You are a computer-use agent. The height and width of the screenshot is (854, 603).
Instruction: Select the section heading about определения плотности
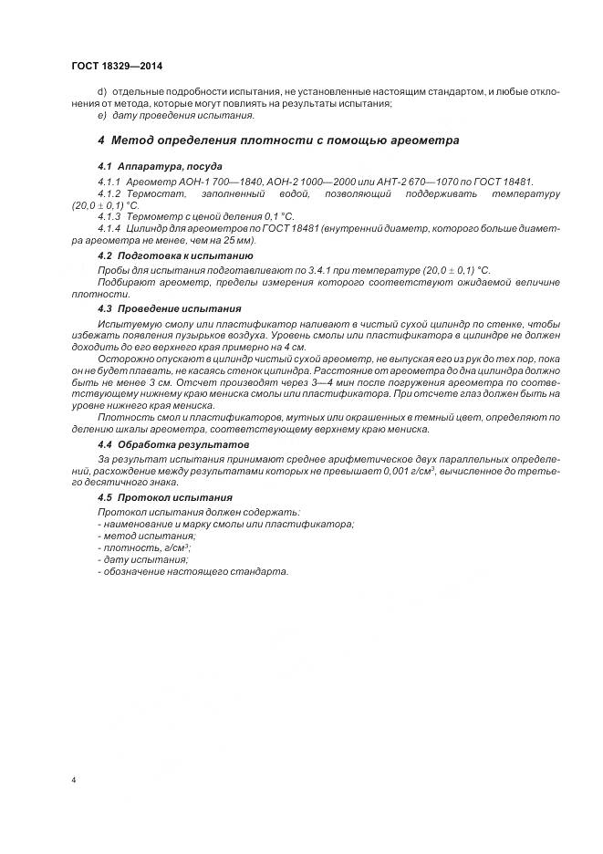[278, 141]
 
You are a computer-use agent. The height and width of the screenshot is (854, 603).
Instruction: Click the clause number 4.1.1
[109, 182]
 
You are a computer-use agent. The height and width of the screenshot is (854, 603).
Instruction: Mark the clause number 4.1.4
[109, 229]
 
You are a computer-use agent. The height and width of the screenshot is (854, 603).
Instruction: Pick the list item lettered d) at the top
[101, 93]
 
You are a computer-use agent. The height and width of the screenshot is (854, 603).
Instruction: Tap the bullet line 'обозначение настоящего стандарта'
[192, 571]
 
